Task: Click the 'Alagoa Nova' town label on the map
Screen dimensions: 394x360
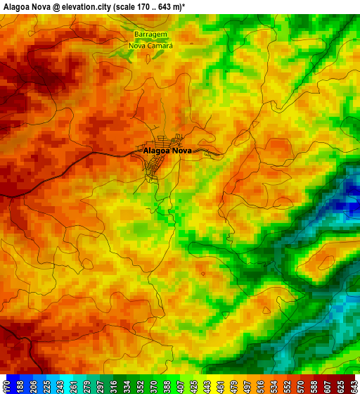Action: coord(167,151)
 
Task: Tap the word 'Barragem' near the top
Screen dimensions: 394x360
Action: coord(150,34)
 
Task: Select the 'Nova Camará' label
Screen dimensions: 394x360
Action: coord(150,45)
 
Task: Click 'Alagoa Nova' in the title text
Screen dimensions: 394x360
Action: coord(27,6)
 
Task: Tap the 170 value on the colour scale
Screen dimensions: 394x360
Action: coord(7,386)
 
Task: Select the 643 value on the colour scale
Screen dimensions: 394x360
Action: coord(353,386)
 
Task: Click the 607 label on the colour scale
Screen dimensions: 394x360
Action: coord(327,386)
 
